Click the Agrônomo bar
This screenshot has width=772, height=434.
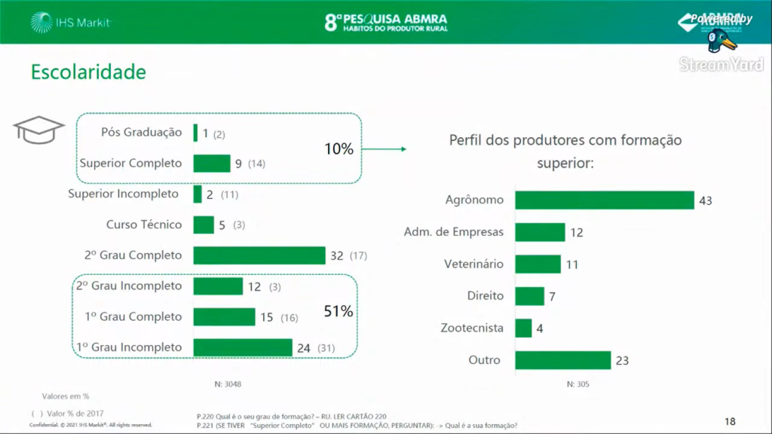click(x=604, y=200)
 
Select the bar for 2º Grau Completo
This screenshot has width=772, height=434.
click(x=259, y=255)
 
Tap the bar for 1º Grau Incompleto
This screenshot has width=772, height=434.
click(x=242, y=347)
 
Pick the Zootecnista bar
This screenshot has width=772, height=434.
click(x=523, y=329)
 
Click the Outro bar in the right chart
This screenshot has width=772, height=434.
click(x=562, y=360)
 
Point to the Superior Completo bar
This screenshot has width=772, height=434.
click(x=211, y=164)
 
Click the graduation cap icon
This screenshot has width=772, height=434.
click(x=38, y=130)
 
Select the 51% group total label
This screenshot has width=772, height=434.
click(x=339, y=310)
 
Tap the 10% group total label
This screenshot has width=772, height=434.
click(x=339, y=149)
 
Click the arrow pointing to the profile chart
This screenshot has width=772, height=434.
click(x=384, y=149)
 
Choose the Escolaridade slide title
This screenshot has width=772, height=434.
click(x=88, y=72)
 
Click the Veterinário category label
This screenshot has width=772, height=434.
click(x=473, y=264)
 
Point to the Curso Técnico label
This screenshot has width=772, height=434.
click(x=143, y=225)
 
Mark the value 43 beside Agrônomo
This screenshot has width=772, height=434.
click(x=705, y=200)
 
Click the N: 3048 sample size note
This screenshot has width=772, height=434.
click(x=228, y=384)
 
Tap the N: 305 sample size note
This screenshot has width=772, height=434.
click(x=577, y=384)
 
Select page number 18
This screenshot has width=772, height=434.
click(x=729, y=421)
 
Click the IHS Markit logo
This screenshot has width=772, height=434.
click(x=71, y=23)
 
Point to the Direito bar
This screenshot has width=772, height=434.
click(x=529, y=296)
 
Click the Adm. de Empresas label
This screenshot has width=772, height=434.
click(x=453, y=232)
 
